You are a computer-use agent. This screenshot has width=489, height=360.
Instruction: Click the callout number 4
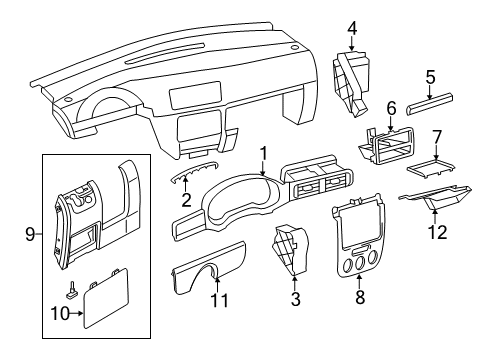(x=352, y=29)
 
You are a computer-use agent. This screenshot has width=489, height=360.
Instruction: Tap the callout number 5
(x=430, y=77)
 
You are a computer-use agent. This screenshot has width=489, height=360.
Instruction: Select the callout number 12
(x=437, y=232)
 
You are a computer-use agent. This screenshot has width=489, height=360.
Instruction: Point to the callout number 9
(x=30, y=235)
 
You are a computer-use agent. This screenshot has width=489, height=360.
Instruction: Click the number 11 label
(x=220, y=300)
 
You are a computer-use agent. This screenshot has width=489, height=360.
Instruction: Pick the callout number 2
(x=186, y=200)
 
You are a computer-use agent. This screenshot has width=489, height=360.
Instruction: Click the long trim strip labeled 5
(x=430, y=104)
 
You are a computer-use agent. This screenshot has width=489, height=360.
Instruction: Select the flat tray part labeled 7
(x=430, y=167)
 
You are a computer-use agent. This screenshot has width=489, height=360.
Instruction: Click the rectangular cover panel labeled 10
(x=105, y=297)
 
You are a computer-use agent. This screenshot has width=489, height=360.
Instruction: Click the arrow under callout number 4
(x=352, y=44)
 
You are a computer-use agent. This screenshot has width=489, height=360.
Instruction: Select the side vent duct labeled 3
(x=289, y=251)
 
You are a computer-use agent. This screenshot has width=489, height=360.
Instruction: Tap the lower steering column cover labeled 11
(x=209, y=267)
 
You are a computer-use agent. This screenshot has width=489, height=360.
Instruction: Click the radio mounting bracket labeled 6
(x=387, y=146)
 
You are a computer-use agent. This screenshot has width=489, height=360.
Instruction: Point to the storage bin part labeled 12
(x=436, y=197)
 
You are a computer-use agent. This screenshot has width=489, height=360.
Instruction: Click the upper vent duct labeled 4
(x=351, y=83)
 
